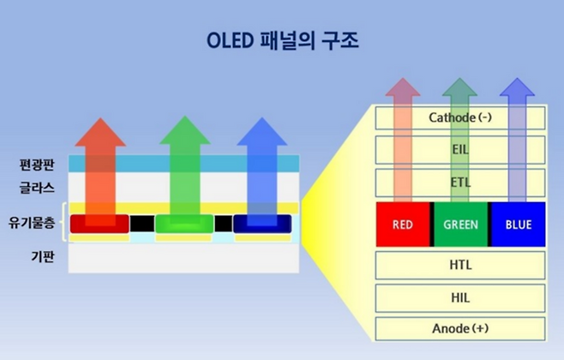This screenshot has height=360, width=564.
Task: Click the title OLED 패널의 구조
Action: (x=283, y=40)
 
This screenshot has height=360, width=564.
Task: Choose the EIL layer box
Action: (x=461, y=149)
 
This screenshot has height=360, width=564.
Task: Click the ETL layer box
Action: (x=461, y=182)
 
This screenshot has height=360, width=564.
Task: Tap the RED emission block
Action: (x=404, y=225)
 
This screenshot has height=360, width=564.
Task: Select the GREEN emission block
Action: (x=461, y=225)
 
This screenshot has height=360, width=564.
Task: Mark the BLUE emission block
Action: (x=517, y=225)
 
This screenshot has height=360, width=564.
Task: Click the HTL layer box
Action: (x=461, y=265)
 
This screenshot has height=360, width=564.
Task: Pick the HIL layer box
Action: (x=461, y=297)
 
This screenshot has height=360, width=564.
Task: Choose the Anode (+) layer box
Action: (x=461, y=328)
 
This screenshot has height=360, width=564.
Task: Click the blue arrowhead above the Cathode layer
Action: (x=517, y=89)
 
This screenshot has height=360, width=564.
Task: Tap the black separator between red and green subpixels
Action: (x=142, y=224)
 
